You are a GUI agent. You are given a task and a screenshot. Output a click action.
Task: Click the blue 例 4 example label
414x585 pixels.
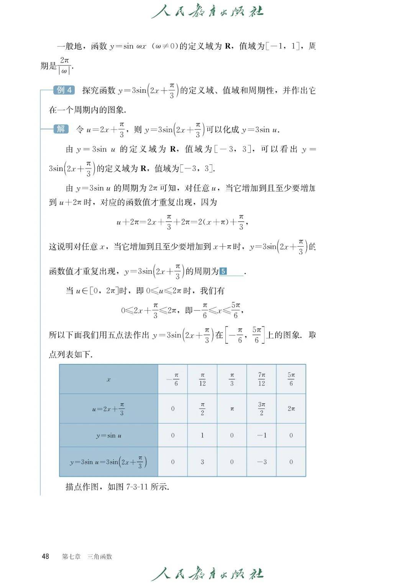64,90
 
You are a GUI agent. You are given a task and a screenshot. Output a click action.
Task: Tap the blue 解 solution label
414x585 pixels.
61,129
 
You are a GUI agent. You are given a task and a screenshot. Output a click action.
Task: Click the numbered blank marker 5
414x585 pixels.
223,272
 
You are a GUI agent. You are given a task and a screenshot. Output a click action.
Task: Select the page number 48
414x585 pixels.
45,556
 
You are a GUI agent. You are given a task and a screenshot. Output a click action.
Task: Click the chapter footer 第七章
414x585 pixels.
71,557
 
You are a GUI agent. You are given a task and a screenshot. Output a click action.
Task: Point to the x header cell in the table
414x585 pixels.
108,379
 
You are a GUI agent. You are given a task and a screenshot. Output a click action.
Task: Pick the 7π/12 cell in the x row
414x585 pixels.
261,379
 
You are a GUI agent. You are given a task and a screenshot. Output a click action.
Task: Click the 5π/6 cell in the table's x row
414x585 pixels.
291,379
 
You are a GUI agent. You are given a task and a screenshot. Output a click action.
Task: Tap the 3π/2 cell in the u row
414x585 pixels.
261,408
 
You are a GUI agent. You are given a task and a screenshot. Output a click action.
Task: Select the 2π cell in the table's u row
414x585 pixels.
291,409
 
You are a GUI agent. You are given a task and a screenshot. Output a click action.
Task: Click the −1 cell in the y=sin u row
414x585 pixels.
261,435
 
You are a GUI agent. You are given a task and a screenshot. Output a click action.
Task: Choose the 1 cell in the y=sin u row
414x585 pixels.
202,435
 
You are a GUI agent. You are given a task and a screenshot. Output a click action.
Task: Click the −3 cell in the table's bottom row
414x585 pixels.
261,462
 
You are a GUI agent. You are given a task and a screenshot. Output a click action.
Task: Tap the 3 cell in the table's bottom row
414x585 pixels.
202,462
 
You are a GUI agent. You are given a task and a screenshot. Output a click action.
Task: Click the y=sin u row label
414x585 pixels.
108,435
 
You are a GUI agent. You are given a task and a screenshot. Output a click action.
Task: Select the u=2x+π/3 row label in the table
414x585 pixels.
108,409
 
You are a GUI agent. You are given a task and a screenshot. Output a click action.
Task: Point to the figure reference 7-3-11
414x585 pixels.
137,487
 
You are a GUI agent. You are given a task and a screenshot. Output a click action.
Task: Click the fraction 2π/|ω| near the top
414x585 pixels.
64,66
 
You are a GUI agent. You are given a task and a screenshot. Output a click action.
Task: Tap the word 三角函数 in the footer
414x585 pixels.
100,557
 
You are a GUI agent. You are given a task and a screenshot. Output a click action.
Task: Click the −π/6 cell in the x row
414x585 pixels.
173,379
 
